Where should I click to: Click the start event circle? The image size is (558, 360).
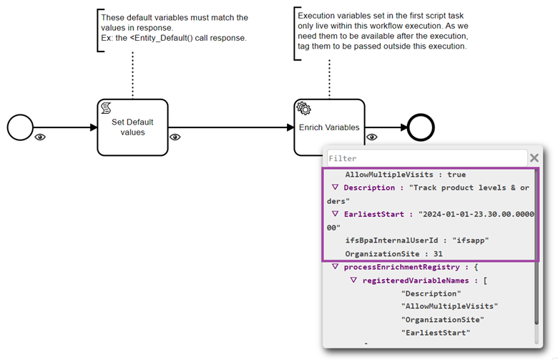(20, 128)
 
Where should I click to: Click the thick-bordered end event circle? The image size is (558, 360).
(421, 128)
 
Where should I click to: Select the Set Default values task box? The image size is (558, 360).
(132, 127)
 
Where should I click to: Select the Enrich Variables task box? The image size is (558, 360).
(329, 127)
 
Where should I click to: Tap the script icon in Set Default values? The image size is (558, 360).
(106, 109)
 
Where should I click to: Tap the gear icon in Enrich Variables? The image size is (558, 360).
(303, 109)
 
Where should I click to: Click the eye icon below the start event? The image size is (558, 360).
(40, 137)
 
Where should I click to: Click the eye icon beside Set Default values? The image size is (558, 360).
(174, 137)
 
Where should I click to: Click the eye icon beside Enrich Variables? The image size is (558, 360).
(371, 137)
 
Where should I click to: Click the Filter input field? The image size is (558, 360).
(426, 158)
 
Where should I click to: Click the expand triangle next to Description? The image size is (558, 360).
(335, 188)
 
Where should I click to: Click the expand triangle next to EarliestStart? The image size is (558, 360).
(335, 214)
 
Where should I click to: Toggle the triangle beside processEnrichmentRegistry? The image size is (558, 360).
(335, 267)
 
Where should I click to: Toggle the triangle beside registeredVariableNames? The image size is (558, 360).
(353, 281)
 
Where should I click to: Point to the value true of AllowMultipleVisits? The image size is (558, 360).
(456, 175)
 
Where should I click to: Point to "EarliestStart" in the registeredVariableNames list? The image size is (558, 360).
(435, 333)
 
